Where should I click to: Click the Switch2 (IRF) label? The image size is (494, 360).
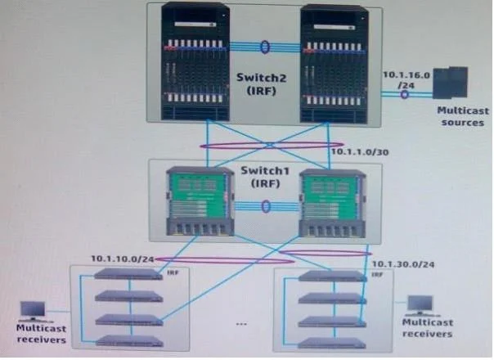(261, 83)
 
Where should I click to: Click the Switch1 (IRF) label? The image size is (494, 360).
(265, 177)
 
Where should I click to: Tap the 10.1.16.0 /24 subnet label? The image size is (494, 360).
(406, 80)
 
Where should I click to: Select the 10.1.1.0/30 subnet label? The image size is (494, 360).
(360, 152)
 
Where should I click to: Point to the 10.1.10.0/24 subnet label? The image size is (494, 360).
(122, 259)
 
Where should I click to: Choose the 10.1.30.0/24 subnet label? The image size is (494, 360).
(403, 264)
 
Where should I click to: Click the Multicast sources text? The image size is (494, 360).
(463, 116)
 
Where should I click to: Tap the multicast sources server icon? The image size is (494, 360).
(450, 83)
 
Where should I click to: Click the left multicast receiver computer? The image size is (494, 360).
(33, 312)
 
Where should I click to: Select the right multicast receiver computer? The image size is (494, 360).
(420, 305)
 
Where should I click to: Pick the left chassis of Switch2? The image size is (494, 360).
(195, 61)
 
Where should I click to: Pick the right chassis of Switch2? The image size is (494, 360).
(334, 64)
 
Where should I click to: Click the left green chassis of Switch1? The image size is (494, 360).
(200, 201)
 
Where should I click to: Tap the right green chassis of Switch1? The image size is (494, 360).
(332, 204)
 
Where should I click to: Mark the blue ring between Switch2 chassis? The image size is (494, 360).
(265, 47)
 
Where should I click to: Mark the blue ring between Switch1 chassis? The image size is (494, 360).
(266, 206)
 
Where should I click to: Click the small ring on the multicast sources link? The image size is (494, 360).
(405, 94)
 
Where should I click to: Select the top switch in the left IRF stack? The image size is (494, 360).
(128, 274)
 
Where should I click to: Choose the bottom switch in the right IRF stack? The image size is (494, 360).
(332, 344)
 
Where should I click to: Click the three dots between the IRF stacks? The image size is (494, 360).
(241, 324)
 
